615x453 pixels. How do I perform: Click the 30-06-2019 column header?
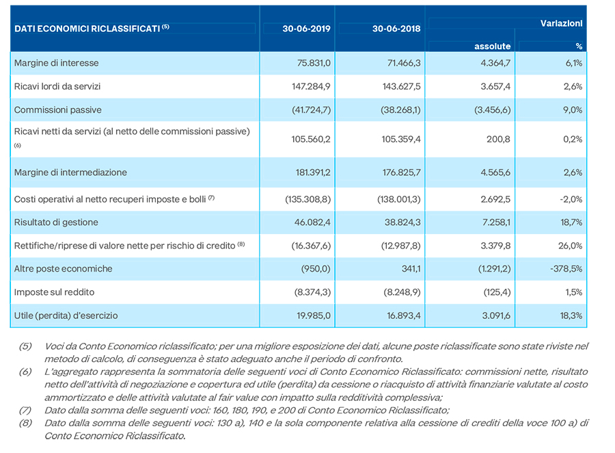(x=306, y=29)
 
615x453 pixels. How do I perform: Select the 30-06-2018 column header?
(x=396, y=29)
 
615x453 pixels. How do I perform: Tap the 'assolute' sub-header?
(x=492, y=47)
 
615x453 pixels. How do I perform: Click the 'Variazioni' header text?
(x=561, y=23)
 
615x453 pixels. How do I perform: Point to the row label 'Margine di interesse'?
(x=57, y=63)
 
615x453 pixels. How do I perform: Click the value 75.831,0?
(x=314, y=63)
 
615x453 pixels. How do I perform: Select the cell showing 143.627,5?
(x=401, y=86)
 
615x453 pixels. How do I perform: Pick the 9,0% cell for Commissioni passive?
(x=573, y=110)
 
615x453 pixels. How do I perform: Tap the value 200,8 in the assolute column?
(x=499, y=139)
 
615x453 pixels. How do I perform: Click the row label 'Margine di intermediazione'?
(x=70, y=172)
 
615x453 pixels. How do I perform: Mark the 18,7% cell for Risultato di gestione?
(x=571, y=222)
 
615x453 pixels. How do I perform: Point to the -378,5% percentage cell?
(x=566, y=269)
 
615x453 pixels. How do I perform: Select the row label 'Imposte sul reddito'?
(x=54, y=292)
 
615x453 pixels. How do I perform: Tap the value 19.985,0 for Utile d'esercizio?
(x=314, y=315)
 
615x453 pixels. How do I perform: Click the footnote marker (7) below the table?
(x=25, y=411)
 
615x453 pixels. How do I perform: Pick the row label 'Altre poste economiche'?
(x=63, y=269)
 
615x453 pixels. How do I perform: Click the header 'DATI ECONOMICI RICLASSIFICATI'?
(x=87, y=29)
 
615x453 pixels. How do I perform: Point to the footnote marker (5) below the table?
(x=25, y=346)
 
